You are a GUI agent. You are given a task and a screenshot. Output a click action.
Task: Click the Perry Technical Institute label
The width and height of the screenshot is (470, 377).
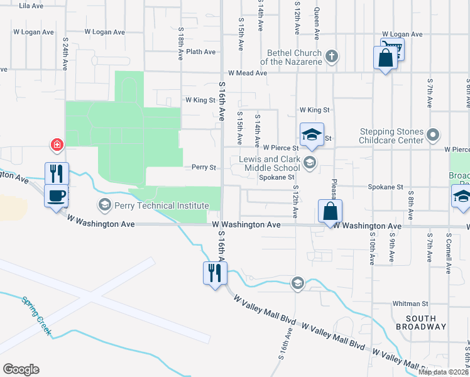coord(161,205)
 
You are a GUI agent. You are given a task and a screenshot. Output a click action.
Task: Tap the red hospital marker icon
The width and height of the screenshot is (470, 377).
coord(57,145)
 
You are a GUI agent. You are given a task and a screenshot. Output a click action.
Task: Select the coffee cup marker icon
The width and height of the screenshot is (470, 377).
coord(56,195)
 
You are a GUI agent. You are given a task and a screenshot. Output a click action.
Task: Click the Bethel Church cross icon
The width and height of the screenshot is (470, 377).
coord(332,58)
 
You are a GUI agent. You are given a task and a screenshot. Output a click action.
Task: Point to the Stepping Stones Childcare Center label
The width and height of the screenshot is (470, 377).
coord(391,136)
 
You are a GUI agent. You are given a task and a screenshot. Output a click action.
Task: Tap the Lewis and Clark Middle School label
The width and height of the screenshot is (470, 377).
coord(270,163)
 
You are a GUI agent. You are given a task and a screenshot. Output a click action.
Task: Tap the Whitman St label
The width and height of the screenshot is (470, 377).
coord(410,303)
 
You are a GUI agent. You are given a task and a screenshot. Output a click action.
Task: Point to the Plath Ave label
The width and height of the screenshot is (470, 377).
coord(201,52)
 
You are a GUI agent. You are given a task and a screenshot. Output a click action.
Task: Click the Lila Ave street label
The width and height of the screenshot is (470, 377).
coord(31,6)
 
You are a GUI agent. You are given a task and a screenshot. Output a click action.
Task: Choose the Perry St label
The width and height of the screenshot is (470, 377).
coord(204,168)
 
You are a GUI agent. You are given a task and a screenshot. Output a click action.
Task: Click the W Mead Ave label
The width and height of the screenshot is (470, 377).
coord(248,73)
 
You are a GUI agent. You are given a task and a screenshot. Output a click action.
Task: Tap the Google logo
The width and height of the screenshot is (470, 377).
coord(21,369)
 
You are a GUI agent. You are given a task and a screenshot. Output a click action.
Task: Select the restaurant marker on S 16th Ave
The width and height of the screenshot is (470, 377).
coord(215,273)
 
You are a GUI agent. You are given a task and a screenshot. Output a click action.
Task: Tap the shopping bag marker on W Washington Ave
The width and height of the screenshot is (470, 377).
coord(330,212)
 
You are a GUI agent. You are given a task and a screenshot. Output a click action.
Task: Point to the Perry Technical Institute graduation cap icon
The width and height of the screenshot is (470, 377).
coord(104,204)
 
